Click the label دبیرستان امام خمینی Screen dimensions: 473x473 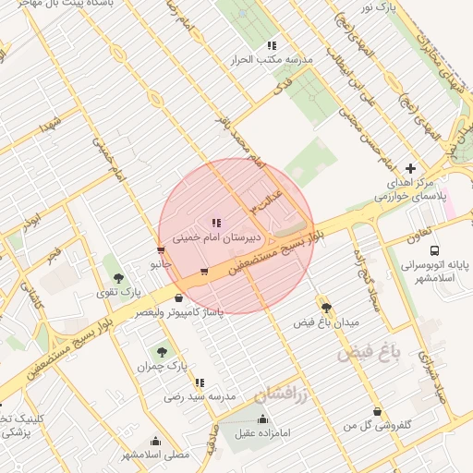(216, 237)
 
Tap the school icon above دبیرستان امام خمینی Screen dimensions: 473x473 (216, 223)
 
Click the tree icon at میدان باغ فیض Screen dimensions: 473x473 (326, 308)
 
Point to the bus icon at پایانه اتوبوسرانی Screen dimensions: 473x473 (435, 249)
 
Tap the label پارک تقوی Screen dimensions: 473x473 (120, 292)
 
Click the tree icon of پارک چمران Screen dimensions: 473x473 (163, 352)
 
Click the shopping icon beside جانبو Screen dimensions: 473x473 (162, 250)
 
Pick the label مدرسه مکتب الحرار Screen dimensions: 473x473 (273, 59)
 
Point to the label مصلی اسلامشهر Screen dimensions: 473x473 (155, 455)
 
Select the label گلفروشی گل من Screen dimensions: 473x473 (377, 426)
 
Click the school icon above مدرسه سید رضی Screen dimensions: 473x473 (200, 382)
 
